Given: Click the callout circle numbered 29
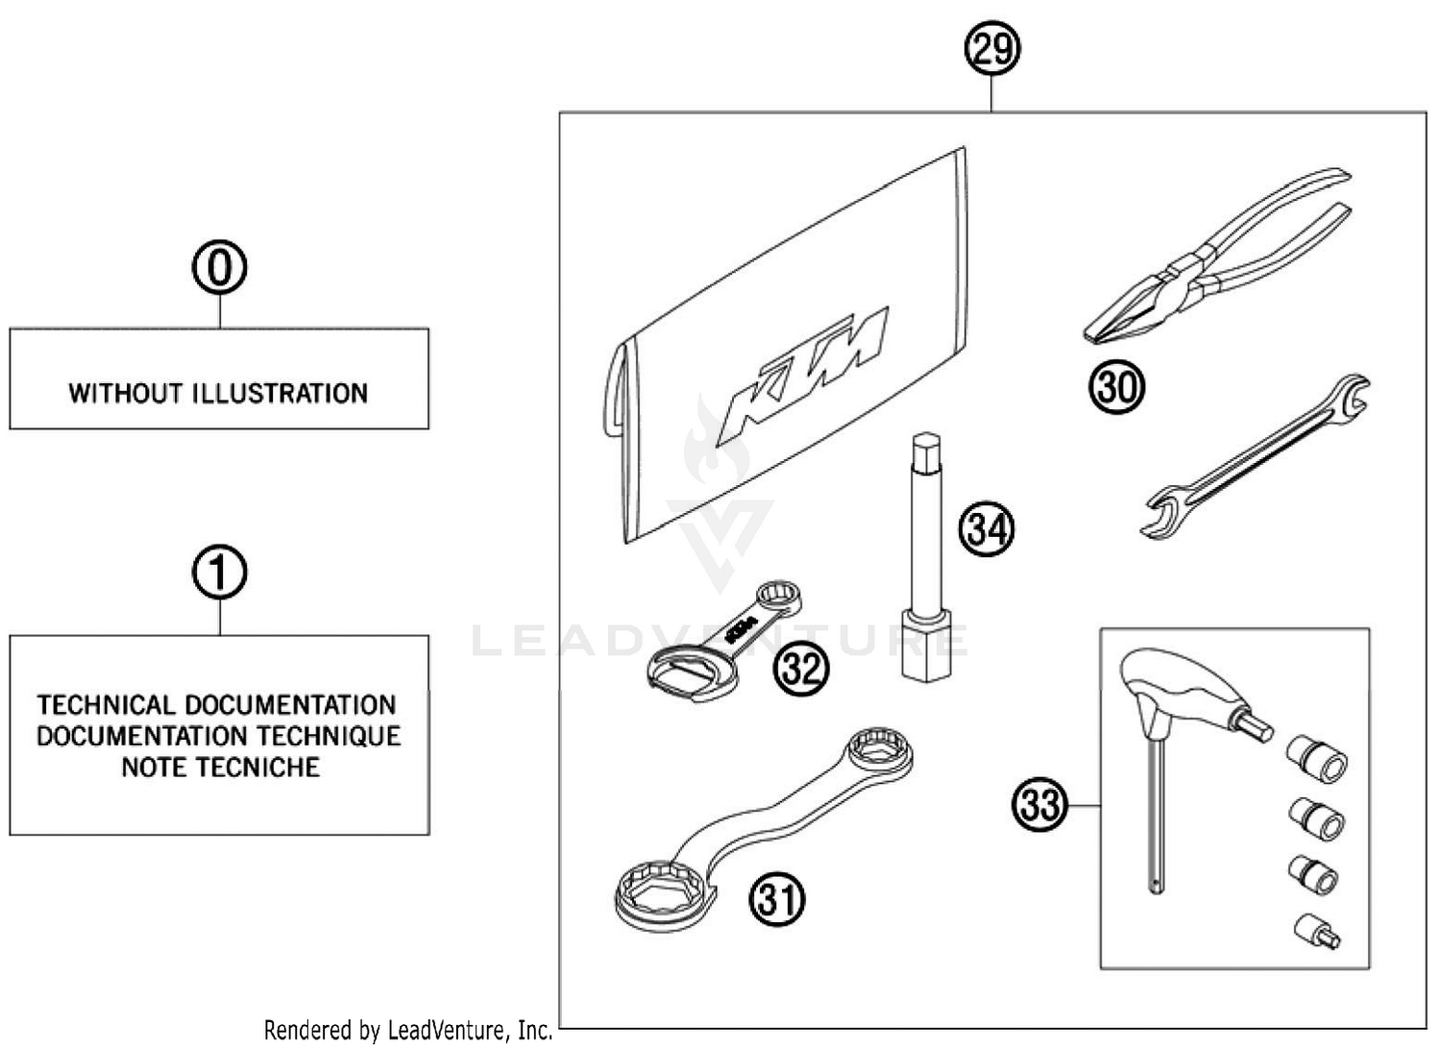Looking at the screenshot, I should (991, 48).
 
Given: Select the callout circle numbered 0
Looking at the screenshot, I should (219, 267).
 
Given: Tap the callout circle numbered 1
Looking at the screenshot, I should (219, 573).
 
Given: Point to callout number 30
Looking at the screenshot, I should (1116, 387).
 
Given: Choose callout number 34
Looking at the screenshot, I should (986, 529).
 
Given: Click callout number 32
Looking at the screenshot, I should (800, 668).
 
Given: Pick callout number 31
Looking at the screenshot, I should (777, 900).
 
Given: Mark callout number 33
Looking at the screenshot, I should (1040, 804).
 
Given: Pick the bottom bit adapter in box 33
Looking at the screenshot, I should (1317, 931).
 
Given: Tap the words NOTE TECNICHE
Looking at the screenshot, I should (220, 768).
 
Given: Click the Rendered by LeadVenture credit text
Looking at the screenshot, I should (408, 1031).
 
